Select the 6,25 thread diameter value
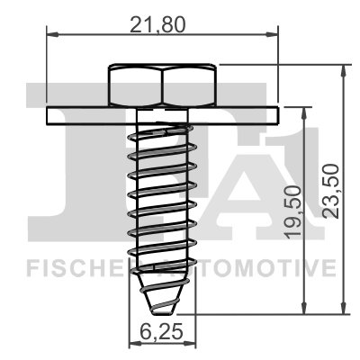click(163, 330)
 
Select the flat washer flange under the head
click(163, 116)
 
